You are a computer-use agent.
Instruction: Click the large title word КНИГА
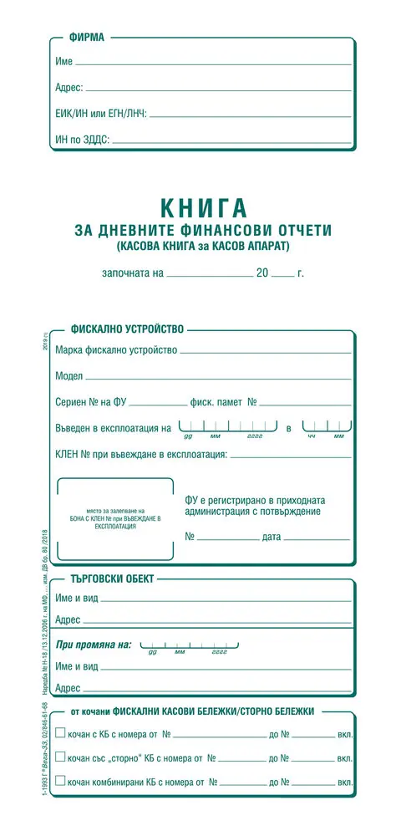(201, 206)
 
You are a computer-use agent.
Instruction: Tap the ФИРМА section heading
(87, 37)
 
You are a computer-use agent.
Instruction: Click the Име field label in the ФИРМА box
(64, 63)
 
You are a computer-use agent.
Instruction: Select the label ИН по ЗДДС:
(83, 140)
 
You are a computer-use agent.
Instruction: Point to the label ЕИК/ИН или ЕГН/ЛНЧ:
(101, 114)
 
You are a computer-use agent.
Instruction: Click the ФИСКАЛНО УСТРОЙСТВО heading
(127, 329)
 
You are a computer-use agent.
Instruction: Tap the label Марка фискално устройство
(116, 349)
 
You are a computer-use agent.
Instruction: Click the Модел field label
(69, 376)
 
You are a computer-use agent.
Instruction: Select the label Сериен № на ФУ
(91, 402)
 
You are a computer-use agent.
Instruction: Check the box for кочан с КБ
(60, 733)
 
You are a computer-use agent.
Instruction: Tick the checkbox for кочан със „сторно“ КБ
(60, 757)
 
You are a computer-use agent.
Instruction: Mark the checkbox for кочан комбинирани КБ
(60, 782)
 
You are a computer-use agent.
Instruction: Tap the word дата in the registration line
(272, 536)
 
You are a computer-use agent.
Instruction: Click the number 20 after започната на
(263, 273)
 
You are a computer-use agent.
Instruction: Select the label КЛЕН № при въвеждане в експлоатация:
(141, 455)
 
